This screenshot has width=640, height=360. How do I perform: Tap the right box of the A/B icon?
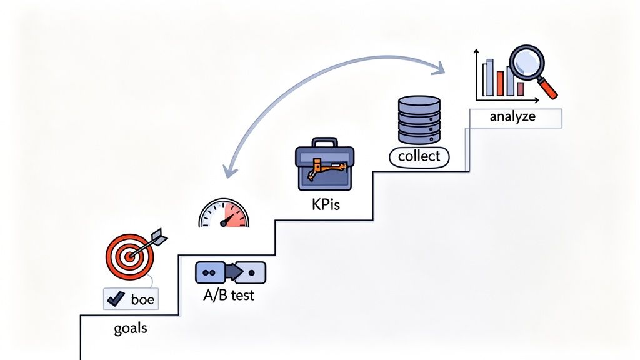tap(252, 272)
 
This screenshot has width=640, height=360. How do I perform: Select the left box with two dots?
tap(209, 272)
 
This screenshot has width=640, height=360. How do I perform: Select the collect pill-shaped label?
tap(419, 156)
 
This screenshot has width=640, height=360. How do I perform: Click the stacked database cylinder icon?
tap(419, 119)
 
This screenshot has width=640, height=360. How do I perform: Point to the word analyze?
tap(512, 116)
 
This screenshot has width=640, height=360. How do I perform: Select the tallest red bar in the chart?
tap(500, 83)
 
